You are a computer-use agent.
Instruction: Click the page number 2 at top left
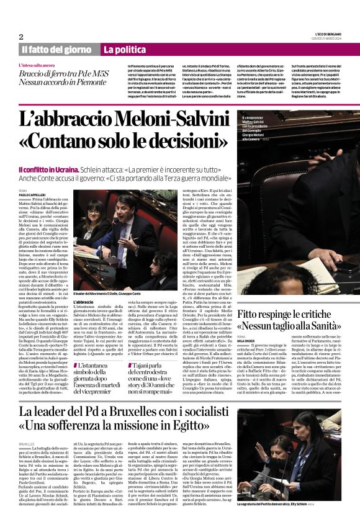click(x=21, y=36)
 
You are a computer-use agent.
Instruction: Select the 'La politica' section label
click(x=125, y=49)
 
